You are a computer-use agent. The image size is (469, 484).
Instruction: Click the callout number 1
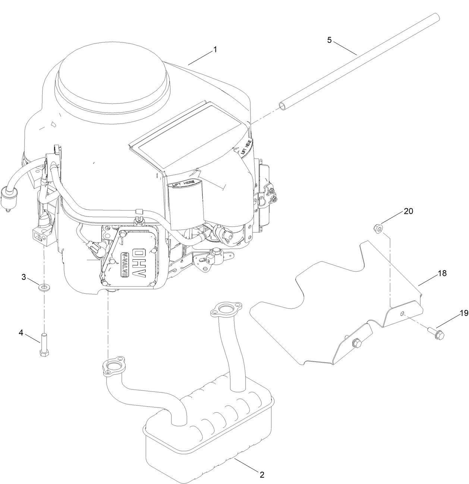pyautogui.click(x=215, y=49)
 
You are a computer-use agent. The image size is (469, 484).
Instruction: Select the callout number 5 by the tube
pyautogui.click(x=329, y=40)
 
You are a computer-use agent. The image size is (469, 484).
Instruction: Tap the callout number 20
pyautogui.click(x=409, y=211)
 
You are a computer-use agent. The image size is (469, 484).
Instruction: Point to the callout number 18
pyautogui.click(x=442, y=273)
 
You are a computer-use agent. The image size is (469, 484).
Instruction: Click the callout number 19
pyautogui.click(x=463, y=313)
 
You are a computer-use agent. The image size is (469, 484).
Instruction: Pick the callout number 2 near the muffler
pyautogui.click(x=262, y=475)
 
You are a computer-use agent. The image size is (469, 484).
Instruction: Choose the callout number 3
pyautogui.click(x=23, y=277)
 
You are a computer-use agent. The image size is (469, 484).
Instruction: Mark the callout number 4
pyautogui.click(x=21, y=332)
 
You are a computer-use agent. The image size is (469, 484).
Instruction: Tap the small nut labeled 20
pyautogui.click(x=377, y=228)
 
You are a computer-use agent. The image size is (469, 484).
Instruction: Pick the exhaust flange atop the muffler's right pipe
pyautogui.click(x=226, y=309)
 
